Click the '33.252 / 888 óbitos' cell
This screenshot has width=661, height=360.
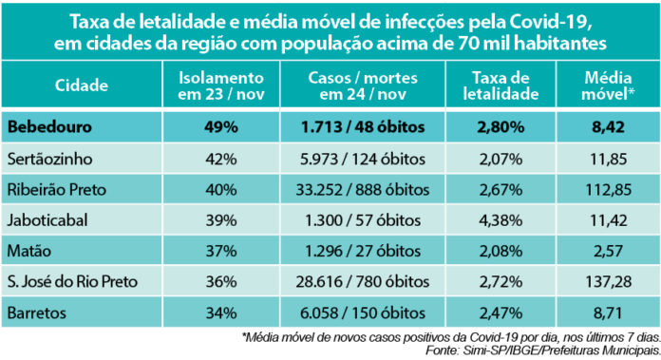point(372,188)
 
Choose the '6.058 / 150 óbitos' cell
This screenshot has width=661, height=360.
point(372,313)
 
